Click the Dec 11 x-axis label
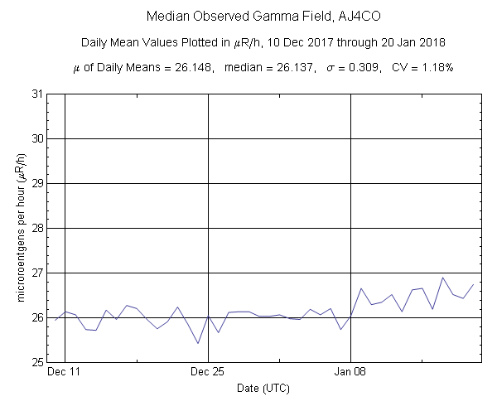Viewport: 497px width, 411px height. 64,373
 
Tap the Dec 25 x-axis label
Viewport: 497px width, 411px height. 208,373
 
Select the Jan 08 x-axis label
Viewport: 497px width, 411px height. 351,373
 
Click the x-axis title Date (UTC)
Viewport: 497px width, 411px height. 263,388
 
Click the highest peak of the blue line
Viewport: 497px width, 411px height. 443,278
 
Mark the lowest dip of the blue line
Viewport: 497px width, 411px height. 198,343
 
